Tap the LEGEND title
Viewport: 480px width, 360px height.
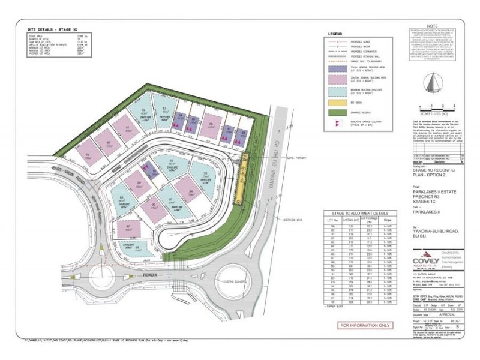(335, 34)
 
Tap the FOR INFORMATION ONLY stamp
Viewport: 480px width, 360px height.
(365, 325)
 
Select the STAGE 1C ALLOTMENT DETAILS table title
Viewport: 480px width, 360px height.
(359, 213)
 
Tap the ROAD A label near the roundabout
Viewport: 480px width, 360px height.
(150, 274)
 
